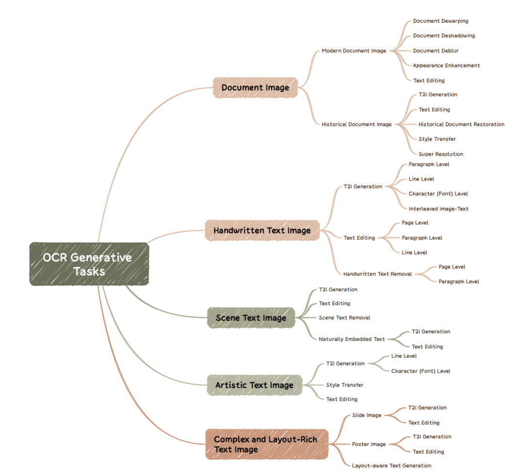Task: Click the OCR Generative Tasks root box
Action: tap(89, 264)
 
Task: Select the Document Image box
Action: tap(255, 88)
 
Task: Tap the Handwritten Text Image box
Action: tap(262, 230)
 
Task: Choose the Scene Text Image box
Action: tap(251, 318)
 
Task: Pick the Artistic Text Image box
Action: tap(254, 385)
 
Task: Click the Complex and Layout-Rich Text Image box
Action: tap(267, 444)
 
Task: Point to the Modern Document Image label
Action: tap(354, 51)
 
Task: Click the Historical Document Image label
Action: tap(357, 124)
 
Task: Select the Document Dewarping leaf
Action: tap(441, 21)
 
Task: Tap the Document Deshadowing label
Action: tap(444, 36)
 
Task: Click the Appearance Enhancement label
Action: tap(446, 66)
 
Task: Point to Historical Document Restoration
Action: tap(461, 124)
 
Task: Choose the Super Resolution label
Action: tap(441, 154)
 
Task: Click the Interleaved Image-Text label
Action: tap(439, 209)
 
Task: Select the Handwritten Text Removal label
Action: tap(377, 274)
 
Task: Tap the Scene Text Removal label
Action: tap(344, 318)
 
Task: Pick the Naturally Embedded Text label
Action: tap(352, 339)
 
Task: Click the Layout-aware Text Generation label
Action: tap(392, 466)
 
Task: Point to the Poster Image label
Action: tap(369, 444)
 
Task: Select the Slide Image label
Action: tap(367, 415)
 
